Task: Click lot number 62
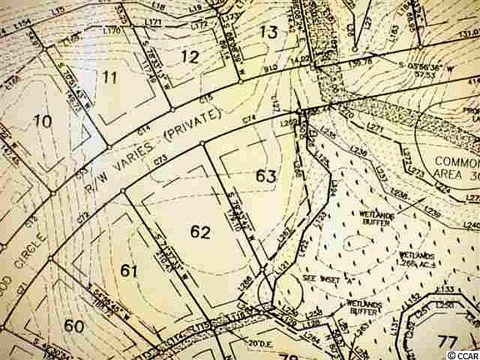point(200,232)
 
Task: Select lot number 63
point(266,176)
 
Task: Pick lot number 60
point(74,326)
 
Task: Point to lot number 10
point(41,122)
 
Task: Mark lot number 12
point(190,57)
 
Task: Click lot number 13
point(267,32)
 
